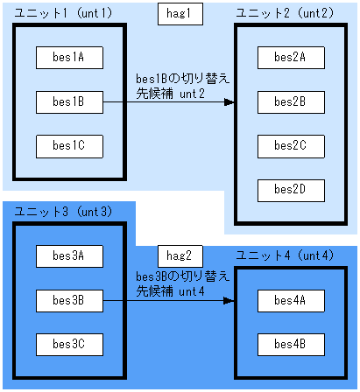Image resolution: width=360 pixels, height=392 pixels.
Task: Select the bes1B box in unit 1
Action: (x=69, y=101)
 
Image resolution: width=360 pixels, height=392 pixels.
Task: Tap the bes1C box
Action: (x=69, y=145)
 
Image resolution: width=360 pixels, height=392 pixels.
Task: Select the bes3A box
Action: (x=69, y=255)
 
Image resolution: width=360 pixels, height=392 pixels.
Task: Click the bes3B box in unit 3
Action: (x=69, y=300)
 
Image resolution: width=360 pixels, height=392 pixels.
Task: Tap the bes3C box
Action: (x=69, y=344)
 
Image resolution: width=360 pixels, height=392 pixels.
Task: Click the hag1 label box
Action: (x=180, y=15)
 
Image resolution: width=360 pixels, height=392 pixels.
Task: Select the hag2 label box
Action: (x=180, y=255)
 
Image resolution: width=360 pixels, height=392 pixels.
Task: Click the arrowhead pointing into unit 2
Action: (x=229, y=102)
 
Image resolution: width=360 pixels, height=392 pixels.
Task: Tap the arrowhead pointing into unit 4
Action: (x=229, y=301)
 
